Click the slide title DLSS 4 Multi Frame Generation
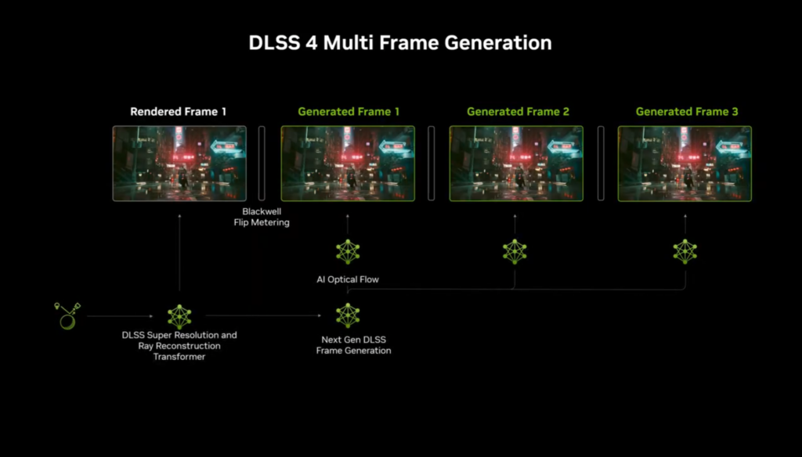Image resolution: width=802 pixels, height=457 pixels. tap(400, 42)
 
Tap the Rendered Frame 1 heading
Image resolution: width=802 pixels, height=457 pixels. tap(178, 111)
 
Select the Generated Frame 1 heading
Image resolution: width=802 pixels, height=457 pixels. tap(349, 111)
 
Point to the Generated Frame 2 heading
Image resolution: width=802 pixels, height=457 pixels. tap(518, 111)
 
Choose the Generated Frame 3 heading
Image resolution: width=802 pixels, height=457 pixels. tap(686, 111)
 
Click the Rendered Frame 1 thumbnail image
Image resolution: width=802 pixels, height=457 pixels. tap(179, 164)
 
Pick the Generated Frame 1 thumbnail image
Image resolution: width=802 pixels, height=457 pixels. tap(348, 164)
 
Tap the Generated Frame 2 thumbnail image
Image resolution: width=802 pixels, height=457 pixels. tap(516, 164)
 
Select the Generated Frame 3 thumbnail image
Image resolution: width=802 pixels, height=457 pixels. tap(685, 164)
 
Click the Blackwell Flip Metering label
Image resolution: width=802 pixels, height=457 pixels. tap(262, 217)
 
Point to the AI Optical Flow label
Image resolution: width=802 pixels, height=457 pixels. tap(348, 279)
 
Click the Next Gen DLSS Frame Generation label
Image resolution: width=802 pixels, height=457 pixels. tap(353, 345)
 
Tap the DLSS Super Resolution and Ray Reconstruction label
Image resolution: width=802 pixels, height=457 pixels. tap(179, 346)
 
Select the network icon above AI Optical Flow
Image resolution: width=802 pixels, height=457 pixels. tap(348, 251)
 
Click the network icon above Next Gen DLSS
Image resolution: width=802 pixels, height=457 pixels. tap(348, 315)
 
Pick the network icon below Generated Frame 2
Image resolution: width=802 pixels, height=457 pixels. tap(515, 251)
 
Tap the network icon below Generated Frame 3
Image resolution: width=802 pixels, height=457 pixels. tap(685, 251)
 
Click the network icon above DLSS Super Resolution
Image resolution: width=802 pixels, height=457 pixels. tap(179, 316)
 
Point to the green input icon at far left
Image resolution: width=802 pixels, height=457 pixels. tap(67, 316)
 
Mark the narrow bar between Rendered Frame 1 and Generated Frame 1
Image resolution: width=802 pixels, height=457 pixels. tap(262, 164)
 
